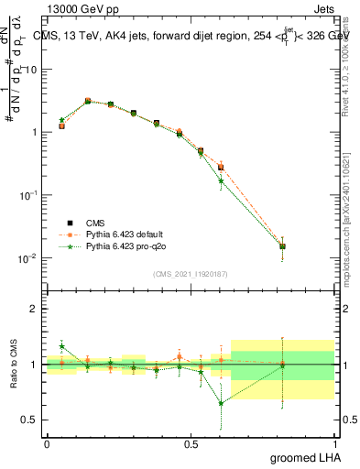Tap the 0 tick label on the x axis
47,443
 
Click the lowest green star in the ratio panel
221,403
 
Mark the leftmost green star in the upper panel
61,120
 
